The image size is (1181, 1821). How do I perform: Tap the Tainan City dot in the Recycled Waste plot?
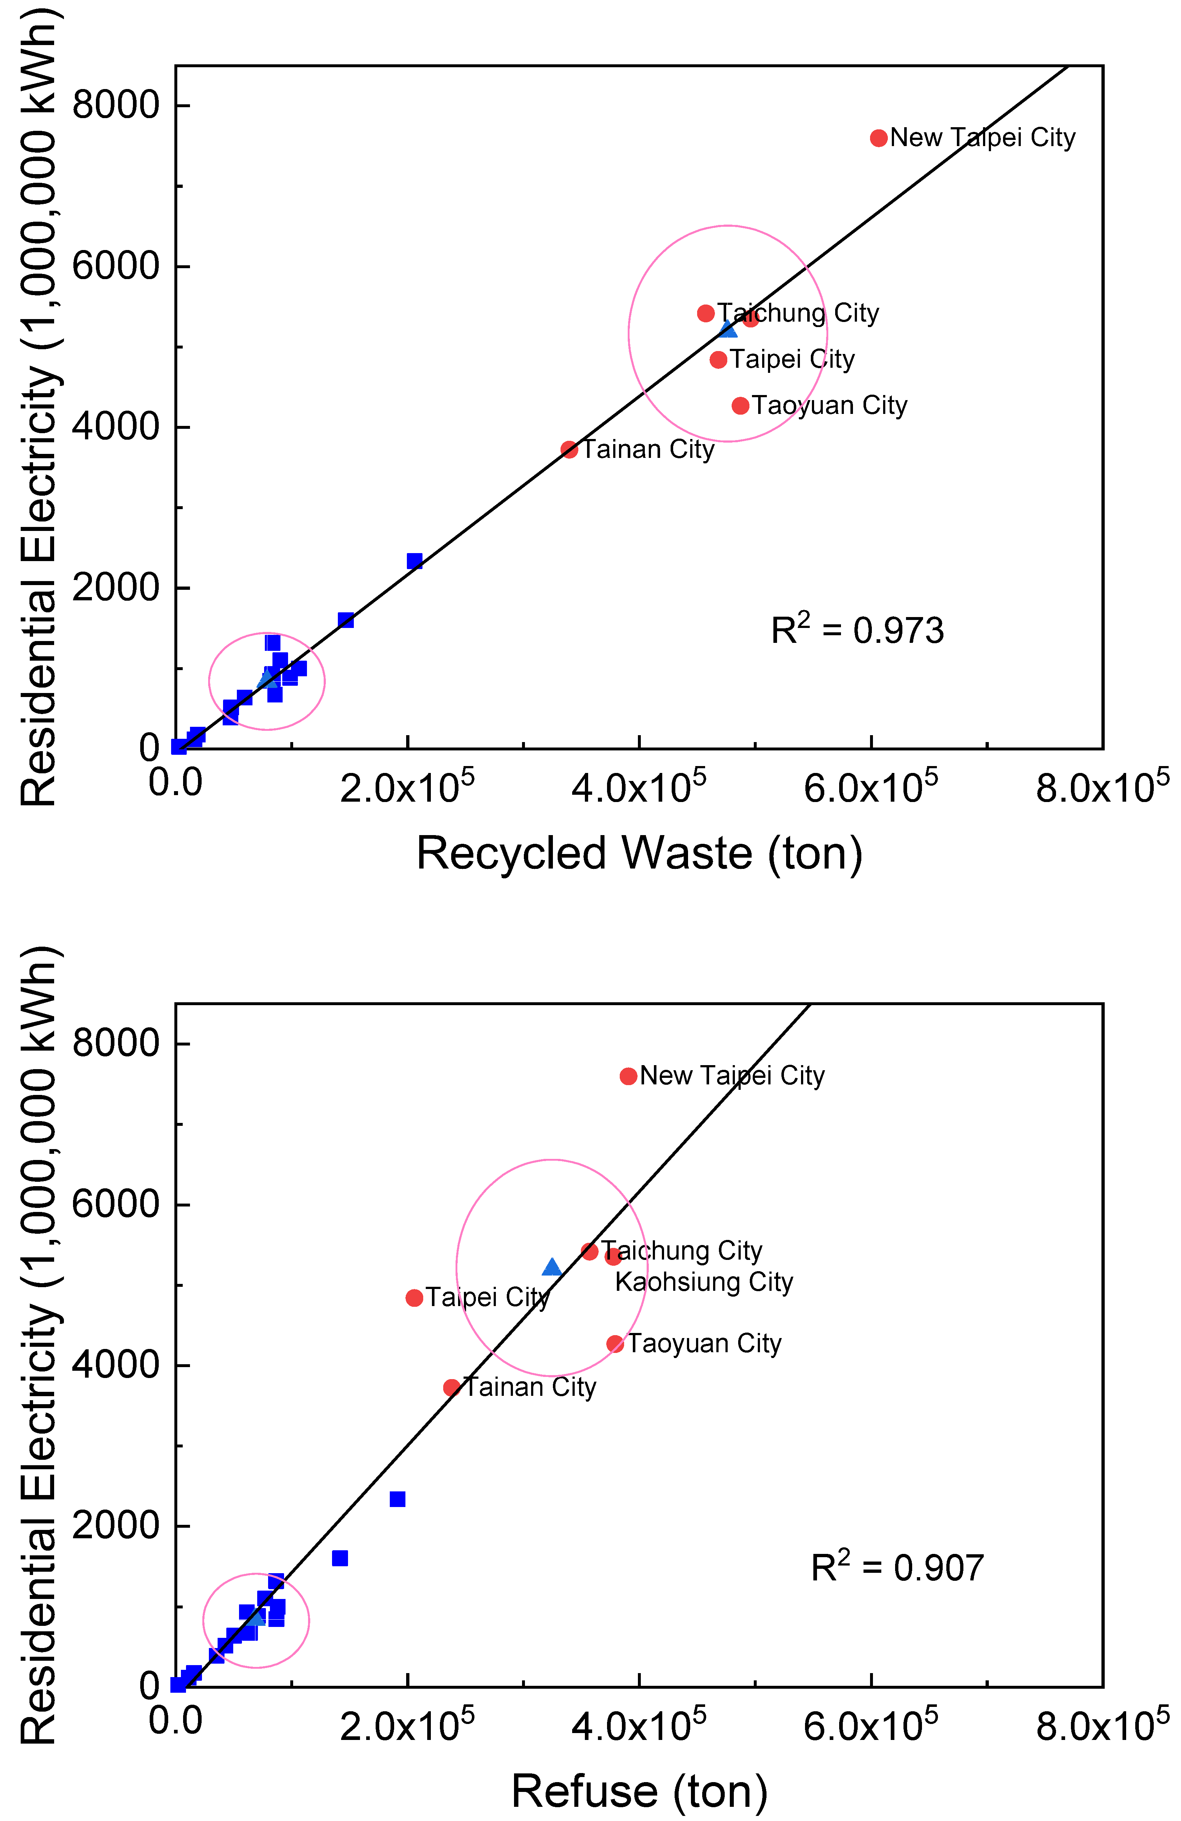[568, 449]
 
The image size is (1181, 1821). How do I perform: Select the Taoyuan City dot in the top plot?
[740, 406]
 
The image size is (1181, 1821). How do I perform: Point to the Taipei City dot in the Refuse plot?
[414, 1298]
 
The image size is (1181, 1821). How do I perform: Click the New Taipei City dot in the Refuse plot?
[628, 1076]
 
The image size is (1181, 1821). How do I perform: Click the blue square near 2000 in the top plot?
[414, 561]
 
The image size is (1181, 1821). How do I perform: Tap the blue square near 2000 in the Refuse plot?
[397, 1499]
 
